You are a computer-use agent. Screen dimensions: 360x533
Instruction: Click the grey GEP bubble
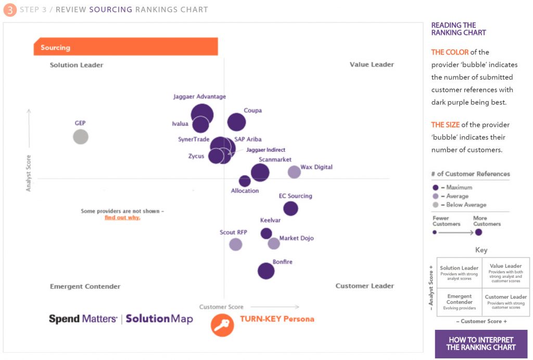[x=80, y=137]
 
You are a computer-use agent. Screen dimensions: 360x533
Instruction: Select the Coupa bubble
[x=236, y=122]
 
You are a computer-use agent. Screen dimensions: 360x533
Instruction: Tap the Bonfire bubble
[x=266, y=271]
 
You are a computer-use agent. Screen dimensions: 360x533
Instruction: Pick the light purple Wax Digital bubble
[x=294, y=172]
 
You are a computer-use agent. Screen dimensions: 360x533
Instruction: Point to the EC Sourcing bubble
[x=290, y=209]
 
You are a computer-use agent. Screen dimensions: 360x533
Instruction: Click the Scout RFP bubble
[x=236, y=244]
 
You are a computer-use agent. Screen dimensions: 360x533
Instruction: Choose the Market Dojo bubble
[x=274, y=243]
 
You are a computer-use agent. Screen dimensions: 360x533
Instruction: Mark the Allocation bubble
[x=245, y=181]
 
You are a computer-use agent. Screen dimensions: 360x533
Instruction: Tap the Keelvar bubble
[x=266, y=234]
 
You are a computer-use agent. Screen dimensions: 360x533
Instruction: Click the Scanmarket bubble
[x=260, y=173]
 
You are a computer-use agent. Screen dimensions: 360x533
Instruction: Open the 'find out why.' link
[x=122, y=217]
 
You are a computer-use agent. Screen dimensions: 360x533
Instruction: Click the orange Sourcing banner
[x=125, y=47]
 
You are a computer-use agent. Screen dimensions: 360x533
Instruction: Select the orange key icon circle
[x=222, y=324]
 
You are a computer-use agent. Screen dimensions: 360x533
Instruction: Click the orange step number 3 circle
[x=10, y=9]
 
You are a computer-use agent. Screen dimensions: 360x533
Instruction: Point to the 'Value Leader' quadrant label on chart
[x=372, y=65]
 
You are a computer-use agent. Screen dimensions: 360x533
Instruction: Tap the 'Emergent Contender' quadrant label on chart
[x=85, y=286]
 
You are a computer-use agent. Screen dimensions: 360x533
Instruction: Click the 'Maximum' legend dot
[x=435, y=187]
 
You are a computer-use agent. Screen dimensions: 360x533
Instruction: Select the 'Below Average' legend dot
[x=435, y=205]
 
